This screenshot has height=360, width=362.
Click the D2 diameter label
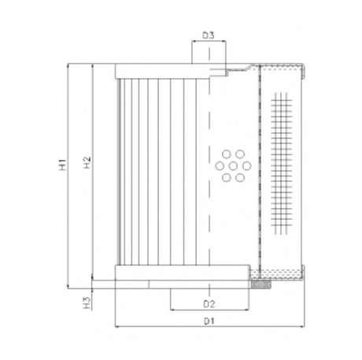(209, 302)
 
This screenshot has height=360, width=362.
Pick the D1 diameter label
(209, 321)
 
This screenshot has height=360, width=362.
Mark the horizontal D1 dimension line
(157, 325)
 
